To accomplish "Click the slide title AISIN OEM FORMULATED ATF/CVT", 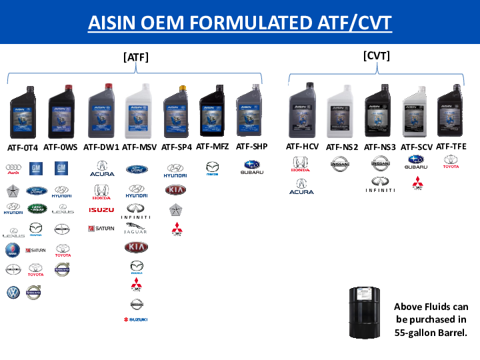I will point(240,23).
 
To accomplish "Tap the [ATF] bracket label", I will point(136,57).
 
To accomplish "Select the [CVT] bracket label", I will point(377,56).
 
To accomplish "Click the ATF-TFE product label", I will point(451,146).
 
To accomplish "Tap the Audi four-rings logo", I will point(13,169).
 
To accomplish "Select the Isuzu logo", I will point(101,210).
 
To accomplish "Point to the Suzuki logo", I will point(136,319).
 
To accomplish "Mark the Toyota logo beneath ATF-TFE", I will point(451,161).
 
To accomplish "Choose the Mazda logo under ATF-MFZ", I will point(213,168).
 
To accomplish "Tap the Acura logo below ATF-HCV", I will point(301,186).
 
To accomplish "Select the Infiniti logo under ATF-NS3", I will point(380,185).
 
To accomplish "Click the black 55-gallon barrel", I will point(365,313).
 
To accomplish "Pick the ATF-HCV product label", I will point(302,146).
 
